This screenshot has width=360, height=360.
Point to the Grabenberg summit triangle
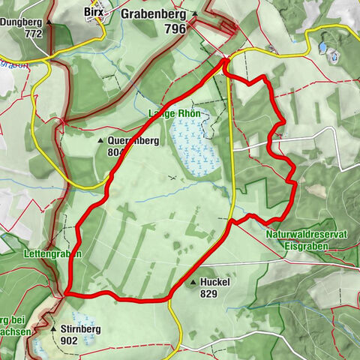coord(195,13)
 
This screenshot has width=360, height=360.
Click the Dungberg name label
coord(19,22)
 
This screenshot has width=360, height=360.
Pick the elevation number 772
coord(32,34)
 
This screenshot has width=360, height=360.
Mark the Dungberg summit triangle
coord(50,22)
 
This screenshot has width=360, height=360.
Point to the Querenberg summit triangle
coord(100,139)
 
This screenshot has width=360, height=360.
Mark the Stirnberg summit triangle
coord(54,328)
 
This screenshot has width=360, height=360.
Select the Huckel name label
coord(215,282)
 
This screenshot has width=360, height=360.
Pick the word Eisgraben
coord(306,245)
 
